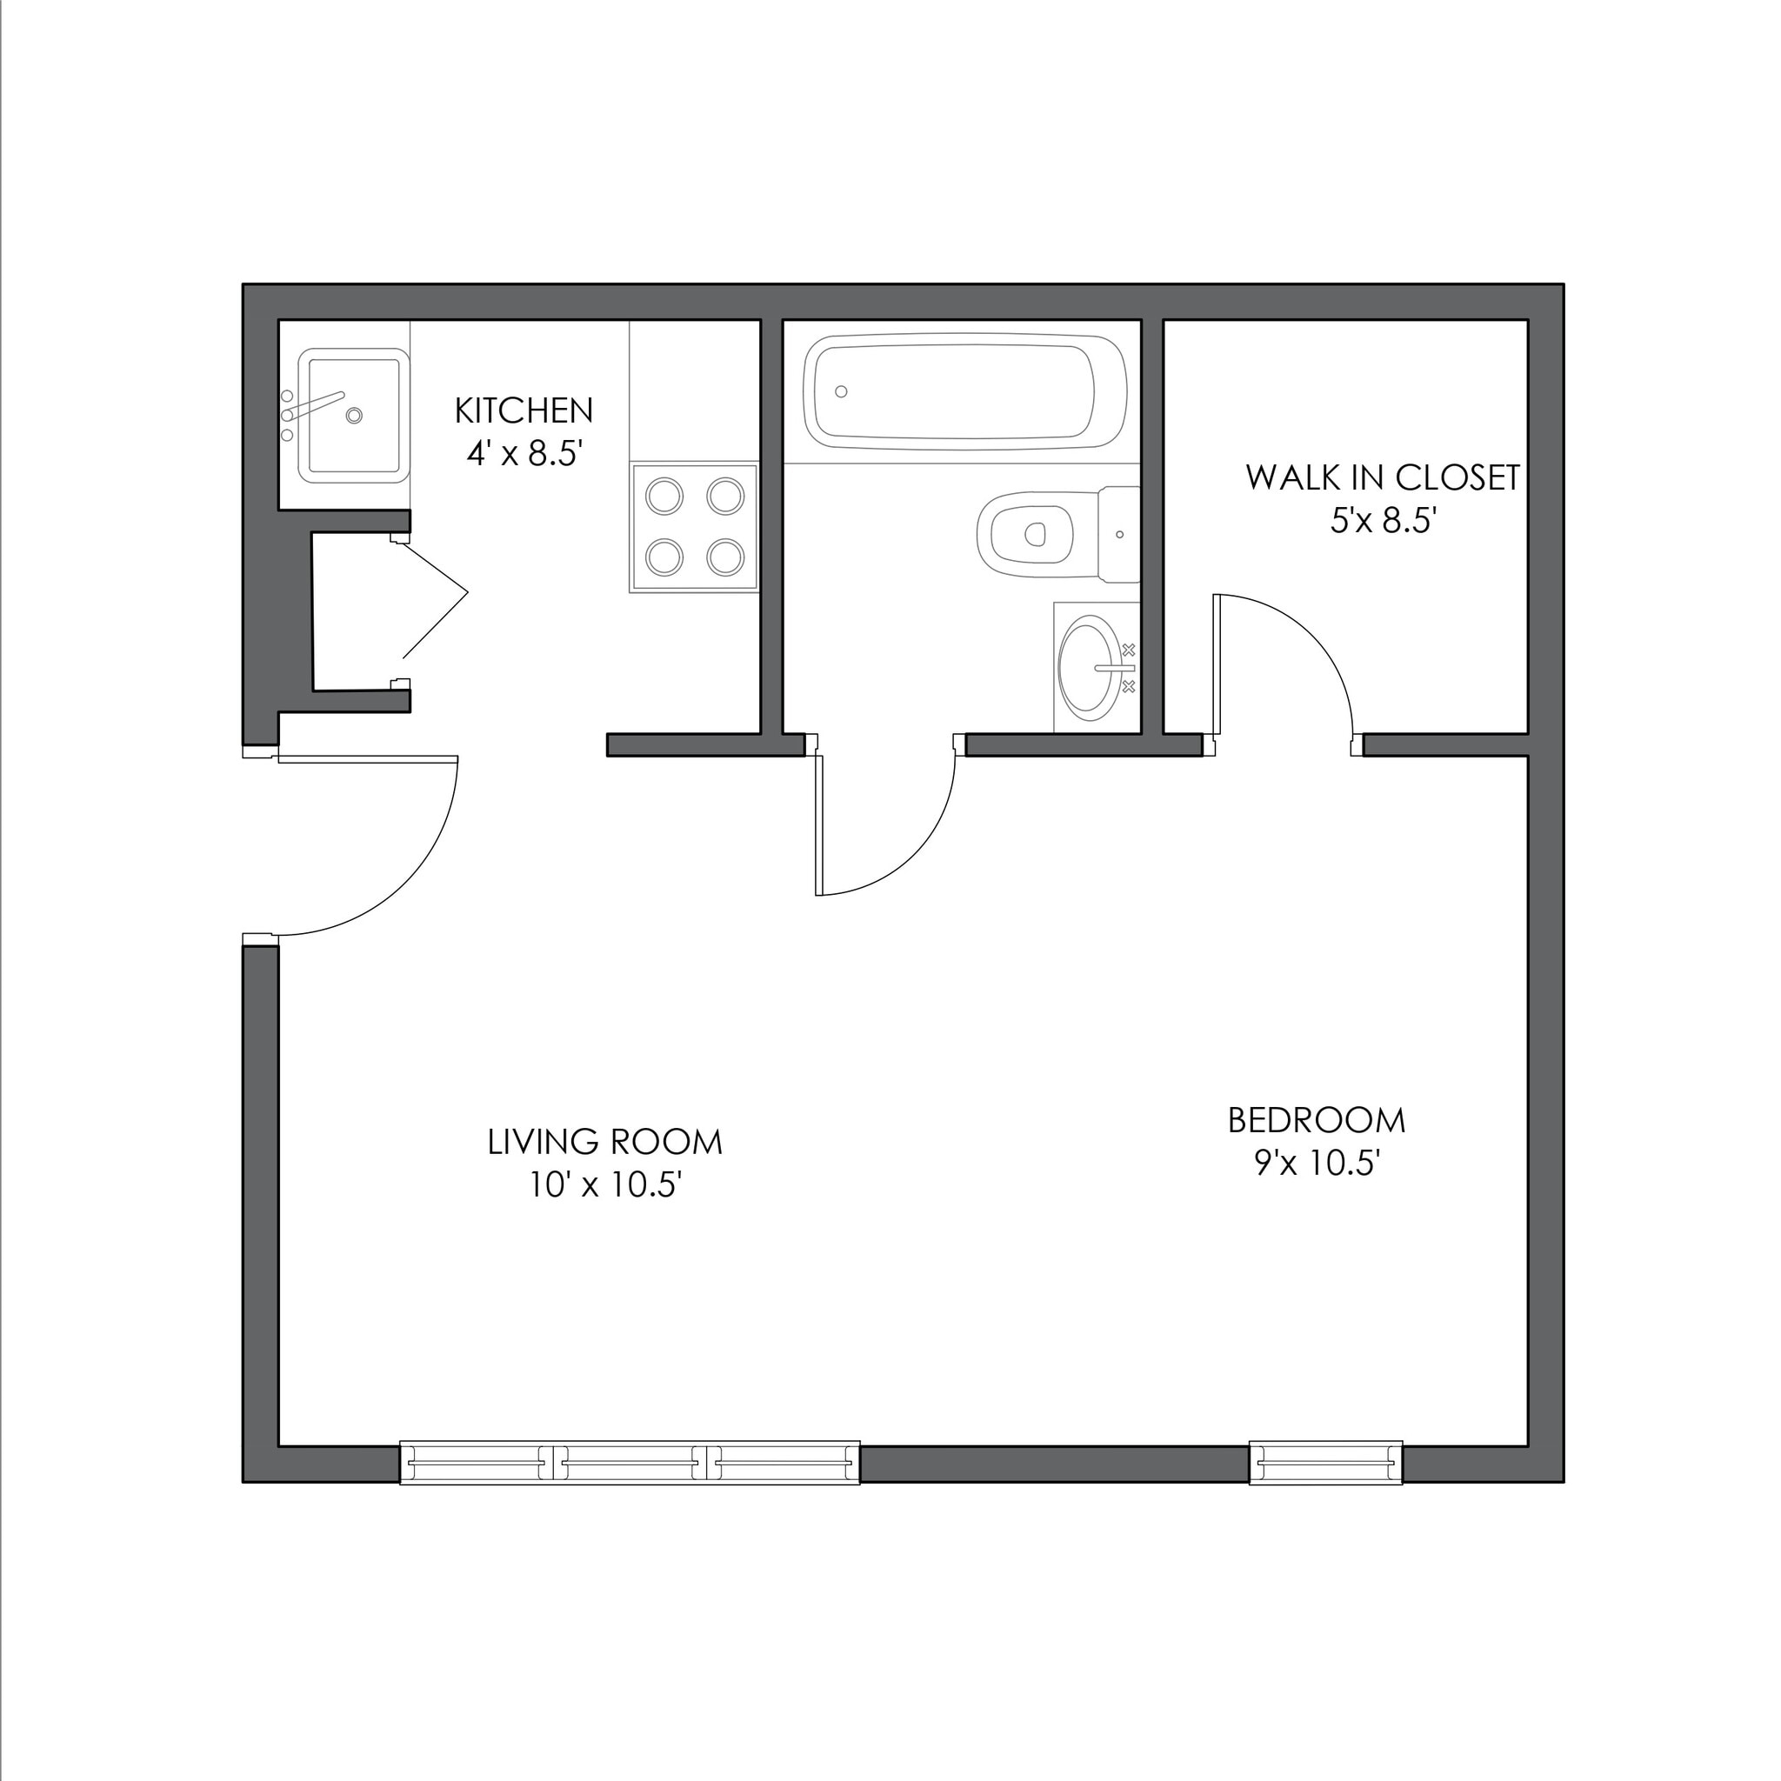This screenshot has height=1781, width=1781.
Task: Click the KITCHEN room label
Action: tap(524, 410)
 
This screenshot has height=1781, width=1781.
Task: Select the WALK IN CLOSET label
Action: tap(1383, 477)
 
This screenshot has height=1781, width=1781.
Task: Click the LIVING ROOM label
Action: tap(604, 1142)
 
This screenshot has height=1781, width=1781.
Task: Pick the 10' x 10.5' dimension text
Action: tap(604, 1185)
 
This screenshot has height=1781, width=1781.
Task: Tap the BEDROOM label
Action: tap(1317, 1121)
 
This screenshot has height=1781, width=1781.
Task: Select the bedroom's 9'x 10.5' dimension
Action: tap(1317, 1164)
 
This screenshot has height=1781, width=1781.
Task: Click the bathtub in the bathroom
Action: tap(964, 393)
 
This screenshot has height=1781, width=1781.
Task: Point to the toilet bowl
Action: tap(1026, 534)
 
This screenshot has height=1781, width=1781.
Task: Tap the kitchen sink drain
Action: tap(354, 416)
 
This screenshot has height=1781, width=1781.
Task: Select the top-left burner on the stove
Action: tap(664, 497)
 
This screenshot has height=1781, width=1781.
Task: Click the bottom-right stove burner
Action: tap(725, 557)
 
